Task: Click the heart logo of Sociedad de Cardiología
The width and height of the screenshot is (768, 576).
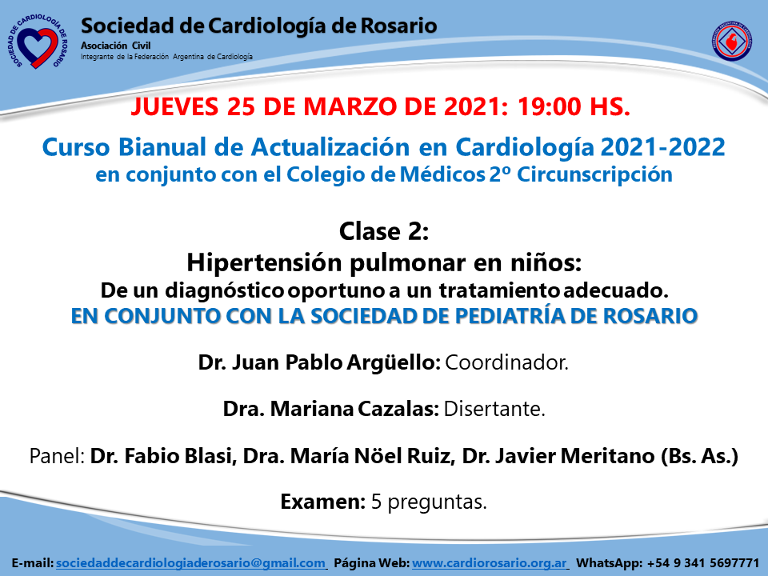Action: pyautogui.click(x=38, y=41)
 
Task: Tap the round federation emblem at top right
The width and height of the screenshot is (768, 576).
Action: pyautogui.click(x=732, y=41)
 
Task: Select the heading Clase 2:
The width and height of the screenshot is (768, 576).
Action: pyautogui.click(x=384, y=231)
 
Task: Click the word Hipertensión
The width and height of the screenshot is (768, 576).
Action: pyautogui.click(x=265, y=263)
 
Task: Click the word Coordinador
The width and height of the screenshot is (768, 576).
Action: pyautogui.click(x=506, y=362)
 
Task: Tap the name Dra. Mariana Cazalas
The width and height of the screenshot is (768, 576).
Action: pyautogui.click(x=330, y=409)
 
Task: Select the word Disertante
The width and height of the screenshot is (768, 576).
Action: pyautogui.click(x=494, y=409)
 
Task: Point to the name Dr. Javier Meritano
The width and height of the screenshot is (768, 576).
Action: pyautogui.click(x=558, y=456)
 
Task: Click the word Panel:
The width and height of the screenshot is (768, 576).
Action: pyautogui.click(x=58, y=456)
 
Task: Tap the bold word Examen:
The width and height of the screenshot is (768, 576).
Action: pyautogui.click(x=322, y=502)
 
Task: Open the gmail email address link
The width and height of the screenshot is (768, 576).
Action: pyautogui.click(x=190, y=563)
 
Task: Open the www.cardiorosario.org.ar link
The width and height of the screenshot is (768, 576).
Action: pyautogui.click(x=490, y=563)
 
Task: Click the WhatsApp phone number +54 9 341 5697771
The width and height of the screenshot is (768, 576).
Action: pyautogui.click(x=703, y=563)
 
